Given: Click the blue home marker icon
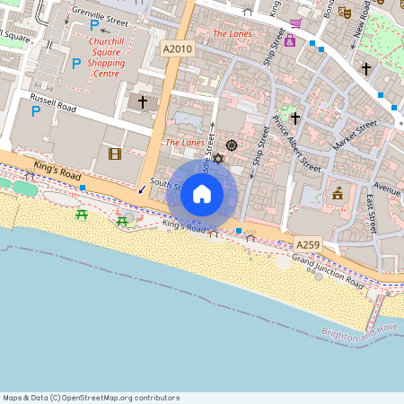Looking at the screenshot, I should [202, 194].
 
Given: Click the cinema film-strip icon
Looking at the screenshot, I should [114, 154].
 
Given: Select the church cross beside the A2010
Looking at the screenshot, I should [142, 102].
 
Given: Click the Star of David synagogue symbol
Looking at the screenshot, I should [215, 159].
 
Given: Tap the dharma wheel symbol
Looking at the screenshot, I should [232, 145].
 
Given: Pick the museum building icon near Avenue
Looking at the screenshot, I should [338, 192].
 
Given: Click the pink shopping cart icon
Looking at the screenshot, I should [295, 23].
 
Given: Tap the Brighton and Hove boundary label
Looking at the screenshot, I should [360, 334].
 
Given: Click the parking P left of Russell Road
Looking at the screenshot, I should [36, 111].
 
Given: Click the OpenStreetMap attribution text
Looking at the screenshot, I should [91, 398].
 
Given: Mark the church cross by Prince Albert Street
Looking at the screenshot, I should [294, 118].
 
